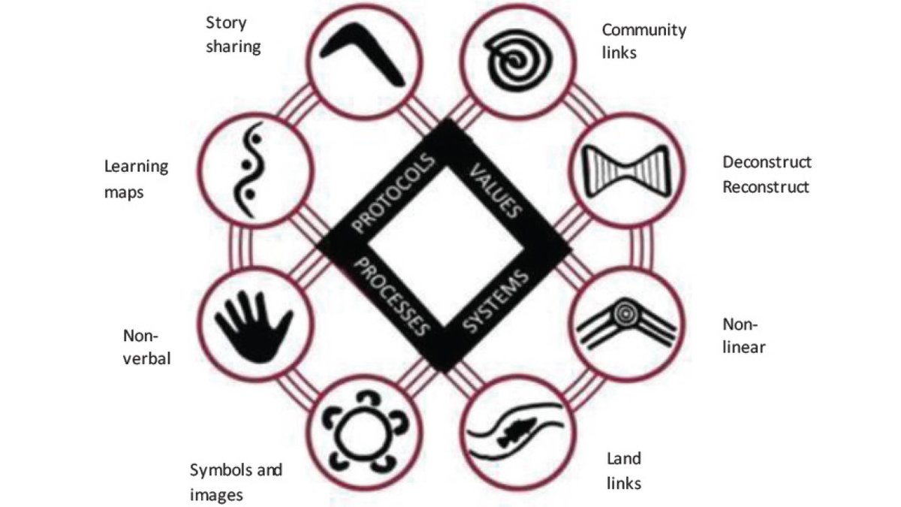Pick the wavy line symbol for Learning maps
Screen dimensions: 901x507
(253, 172)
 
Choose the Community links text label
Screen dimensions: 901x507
(643, 41)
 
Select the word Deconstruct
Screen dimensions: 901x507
(767, 162)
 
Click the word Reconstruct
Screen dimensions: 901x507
(766, 187)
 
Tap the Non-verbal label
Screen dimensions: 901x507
(147, 346)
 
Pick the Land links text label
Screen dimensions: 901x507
(623, 470)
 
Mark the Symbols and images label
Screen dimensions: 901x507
(236, 482)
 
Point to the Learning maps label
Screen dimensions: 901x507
(136, 179)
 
